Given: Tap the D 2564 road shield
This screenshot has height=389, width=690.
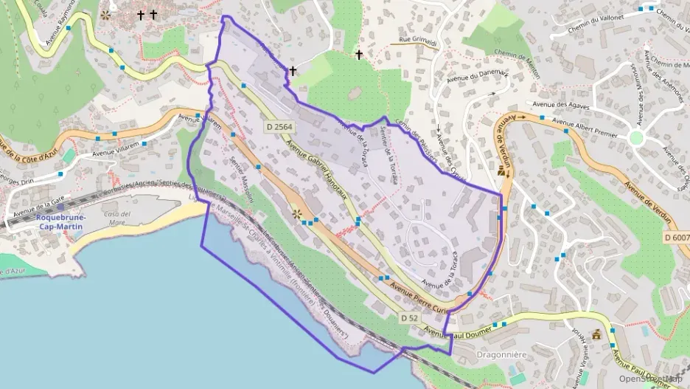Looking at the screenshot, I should (279, 127).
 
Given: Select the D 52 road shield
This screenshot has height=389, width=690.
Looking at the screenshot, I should (410, 317).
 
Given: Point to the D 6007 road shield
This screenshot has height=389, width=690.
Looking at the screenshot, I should (676, 238).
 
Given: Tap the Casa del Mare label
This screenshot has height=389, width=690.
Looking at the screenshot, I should (116, 218).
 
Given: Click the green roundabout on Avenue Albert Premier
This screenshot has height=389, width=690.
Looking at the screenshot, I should (636, 138).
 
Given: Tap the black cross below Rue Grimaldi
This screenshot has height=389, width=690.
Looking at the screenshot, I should (359, 55).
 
